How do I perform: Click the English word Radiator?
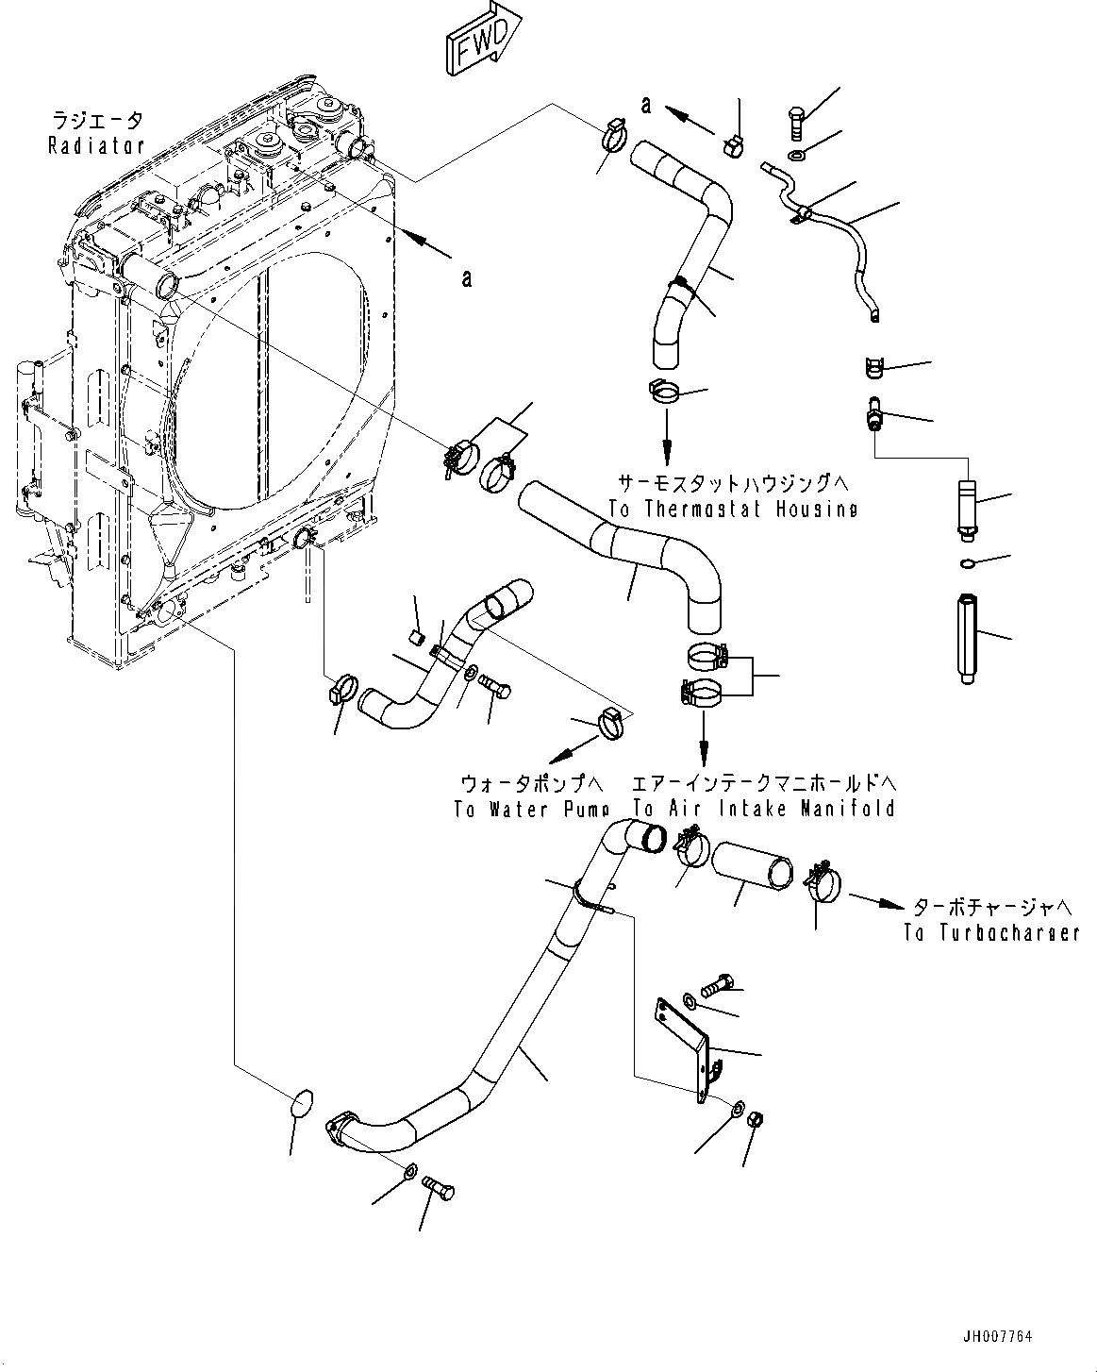(x=97, y=146)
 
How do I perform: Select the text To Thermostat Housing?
(x=733, y=509)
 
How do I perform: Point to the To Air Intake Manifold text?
(x=764, y=809)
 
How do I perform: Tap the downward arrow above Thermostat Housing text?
(x=667, y=435)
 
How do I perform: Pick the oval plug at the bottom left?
(x=301, y=1105)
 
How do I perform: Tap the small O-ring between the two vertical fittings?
(x=965, y=564)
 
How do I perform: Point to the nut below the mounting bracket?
(x=755, y=1120)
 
